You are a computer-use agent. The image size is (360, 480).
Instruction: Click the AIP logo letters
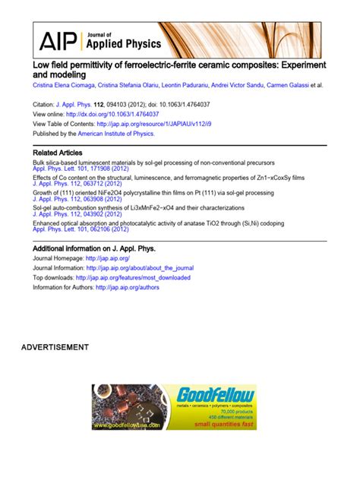pyautogui.click(x=58, y=40)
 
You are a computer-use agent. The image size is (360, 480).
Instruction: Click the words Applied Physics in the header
pyautogui.click(x=113, y=44)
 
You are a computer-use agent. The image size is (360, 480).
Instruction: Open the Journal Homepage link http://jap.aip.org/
pyautogui.click(x=112, y=258)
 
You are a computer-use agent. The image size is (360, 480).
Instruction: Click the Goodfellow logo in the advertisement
pyautogui.click(x=215, y=395)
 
